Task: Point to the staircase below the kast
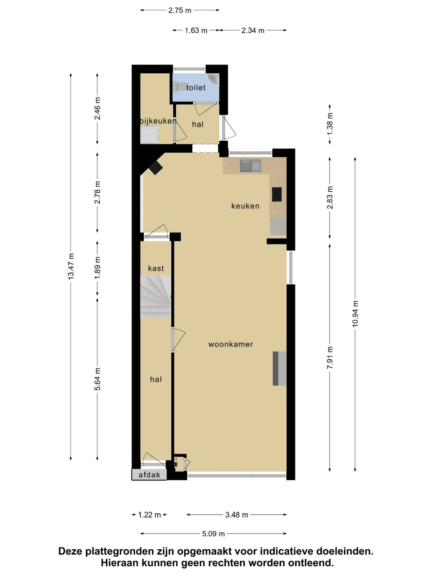tap(155, 297)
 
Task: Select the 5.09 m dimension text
tap(213, 534)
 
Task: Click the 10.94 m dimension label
tap(355, 314)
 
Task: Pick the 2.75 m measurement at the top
tap(180, 10)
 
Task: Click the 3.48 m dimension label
tap(236, 515)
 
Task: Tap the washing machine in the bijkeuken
tap(150, 135)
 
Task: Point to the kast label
tap(156, 268)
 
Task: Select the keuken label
tap(245, 206)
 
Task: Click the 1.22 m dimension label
tap(149, 515)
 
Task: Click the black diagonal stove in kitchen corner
tap(156, 167)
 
